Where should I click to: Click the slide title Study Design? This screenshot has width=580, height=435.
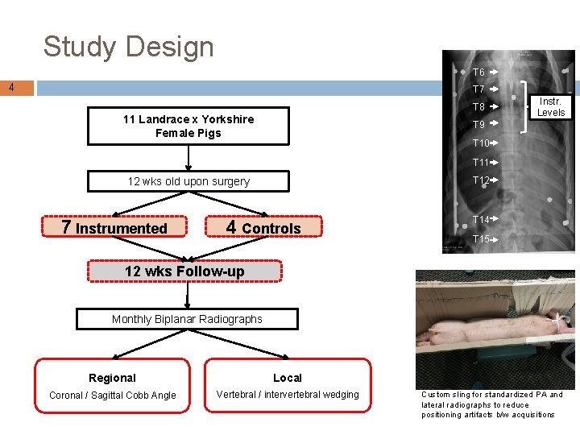pyautogui.click(x=128, y=47)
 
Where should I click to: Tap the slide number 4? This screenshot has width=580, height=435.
pyautogui.click(x=11, y=87)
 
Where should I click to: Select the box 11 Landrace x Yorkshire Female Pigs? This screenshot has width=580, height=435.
pyautogui.click(x=188, y=126)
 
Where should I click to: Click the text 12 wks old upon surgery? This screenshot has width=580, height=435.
pyautogui.click(x=188, y=181)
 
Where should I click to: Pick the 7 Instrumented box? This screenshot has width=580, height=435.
pyautogui.click(x=114, y=228)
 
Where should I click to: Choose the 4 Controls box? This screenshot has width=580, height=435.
pyautogui.click(x=263, y=228)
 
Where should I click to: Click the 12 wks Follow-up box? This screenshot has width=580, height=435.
pyautogui.click(x=184, y=271)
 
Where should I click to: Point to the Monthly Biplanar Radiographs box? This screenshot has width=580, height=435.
pyautogui.click(x=187, y=319)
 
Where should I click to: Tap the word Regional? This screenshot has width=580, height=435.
pyautogui.click(x=112, y=378)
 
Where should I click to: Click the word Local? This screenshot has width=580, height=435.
pyautogui.click(x=287, y=378)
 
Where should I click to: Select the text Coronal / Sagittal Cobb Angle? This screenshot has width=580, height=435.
pyautogui.click(x=112, y=395)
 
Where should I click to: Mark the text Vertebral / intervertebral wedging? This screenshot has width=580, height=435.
pyautogui.click(x=288, y=395)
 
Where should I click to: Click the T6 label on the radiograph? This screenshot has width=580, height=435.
pyautogui.click(x=478, y=72)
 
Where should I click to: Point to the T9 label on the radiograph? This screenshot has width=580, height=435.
pyautogui.click(x=478, y=125)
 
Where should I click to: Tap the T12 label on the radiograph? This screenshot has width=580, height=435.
pyautogui.click(x=481, y=180)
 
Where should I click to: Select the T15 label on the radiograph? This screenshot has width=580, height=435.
pyautogui.click(x=481, y=239)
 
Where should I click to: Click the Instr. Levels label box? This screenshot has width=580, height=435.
pyautogui.click(x=551, y=107)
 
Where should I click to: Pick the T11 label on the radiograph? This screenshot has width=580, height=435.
pyautogui.click(x=481, y=163)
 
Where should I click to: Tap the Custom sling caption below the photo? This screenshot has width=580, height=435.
pyautogui.click(x=491, y=404)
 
